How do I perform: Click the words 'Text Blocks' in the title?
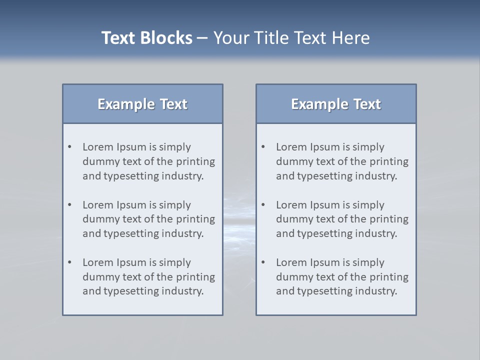(x=146, y=38)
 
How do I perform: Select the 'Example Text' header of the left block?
(x=142, y=104)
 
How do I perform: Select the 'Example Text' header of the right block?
(x=336, y=104)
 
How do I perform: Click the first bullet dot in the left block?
(x=70, y=147)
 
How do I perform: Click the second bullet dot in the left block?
(x=70, y=205)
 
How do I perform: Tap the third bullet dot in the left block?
(x=70, y=262)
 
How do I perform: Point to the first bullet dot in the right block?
(x=263, y=147)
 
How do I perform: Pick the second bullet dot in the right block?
(x=263, y=205)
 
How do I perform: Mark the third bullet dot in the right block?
(x=263, y=262)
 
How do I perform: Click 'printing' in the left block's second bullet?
(x=196, y=219)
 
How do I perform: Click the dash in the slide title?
(x=202, y=38)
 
